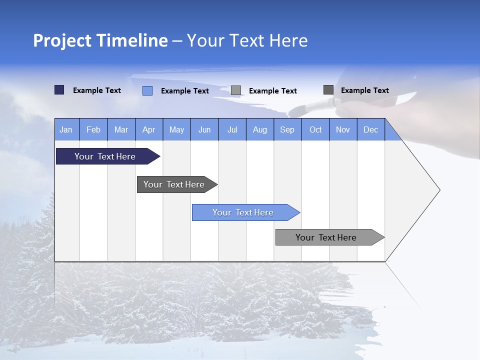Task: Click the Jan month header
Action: [66, 129]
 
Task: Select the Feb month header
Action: [93, 129]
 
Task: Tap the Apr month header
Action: [149, 129]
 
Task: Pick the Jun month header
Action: [204, 129]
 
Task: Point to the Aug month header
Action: [260, 129]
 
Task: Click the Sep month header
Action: [287, 129]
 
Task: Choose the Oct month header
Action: [315, 129]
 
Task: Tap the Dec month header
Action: [371, 129]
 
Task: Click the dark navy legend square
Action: [59, 90]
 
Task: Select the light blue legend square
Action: [147, 90]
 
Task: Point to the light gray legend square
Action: [236, 90]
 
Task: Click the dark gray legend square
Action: [328, 90]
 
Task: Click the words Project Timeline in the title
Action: [100, 40]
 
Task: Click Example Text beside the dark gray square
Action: [364, 90]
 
